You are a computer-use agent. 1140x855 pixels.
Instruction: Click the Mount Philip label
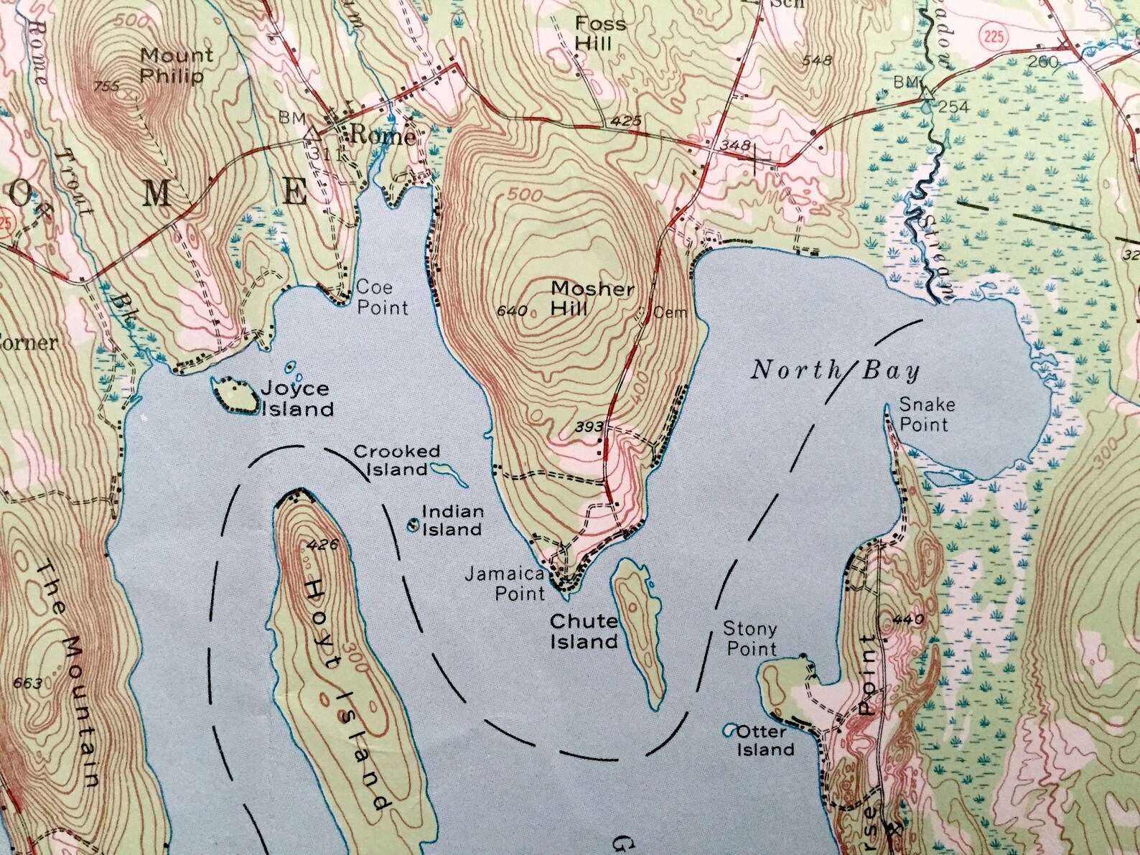[x=176, y=65]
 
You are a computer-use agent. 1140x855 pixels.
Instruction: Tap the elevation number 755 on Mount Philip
[x=106, y=87]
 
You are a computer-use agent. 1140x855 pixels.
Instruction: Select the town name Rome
[x=382, y=136]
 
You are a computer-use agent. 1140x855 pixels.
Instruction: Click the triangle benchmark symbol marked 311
[x=312, y=133]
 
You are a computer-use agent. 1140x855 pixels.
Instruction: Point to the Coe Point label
[x=382, y=297]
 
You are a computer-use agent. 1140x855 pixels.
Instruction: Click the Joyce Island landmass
[x=234, y=396]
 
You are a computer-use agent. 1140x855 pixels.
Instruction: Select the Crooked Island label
[x=396, y=460]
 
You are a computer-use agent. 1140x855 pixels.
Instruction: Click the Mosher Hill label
[x=591, y=298]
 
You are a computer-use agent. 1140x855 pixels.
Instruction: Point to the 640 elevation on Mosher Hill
[x=512, y=311]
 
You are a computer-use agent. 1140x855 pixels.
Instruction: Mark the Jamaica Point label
[x=505, y=584]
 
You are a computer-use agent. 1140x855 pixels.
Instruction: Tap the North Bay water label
[x=835, y=370]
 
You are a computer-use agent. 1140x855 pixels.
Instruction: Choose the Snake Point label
[x=926, y=414]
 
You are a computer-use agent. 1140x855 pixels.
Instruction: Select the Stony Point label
[x=749, y=638]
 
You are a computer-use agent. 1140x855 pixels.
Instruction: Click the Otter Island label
[x=765, y=740]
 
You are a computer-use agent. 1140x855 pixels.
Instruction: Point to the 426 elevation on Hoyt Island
[x=321, y=545]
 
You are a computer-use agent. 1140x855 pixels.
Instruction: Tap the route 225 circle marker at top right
[x=994, y=35]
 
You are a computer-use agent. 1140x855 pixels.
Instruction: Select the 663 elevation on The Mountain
[x=27, y=683]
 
